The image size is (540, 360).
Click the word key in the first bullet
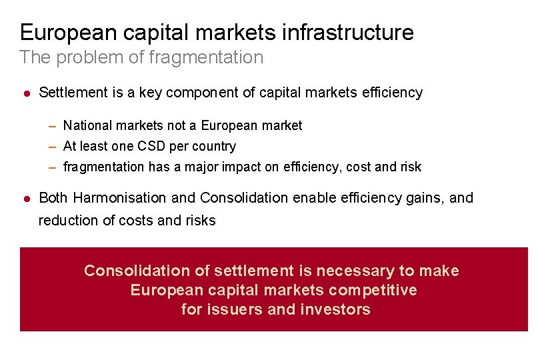coord(151,93)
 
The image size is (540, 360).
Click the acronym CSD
coord(148,146)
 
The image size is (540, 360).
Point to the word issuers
coord(231,309)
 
